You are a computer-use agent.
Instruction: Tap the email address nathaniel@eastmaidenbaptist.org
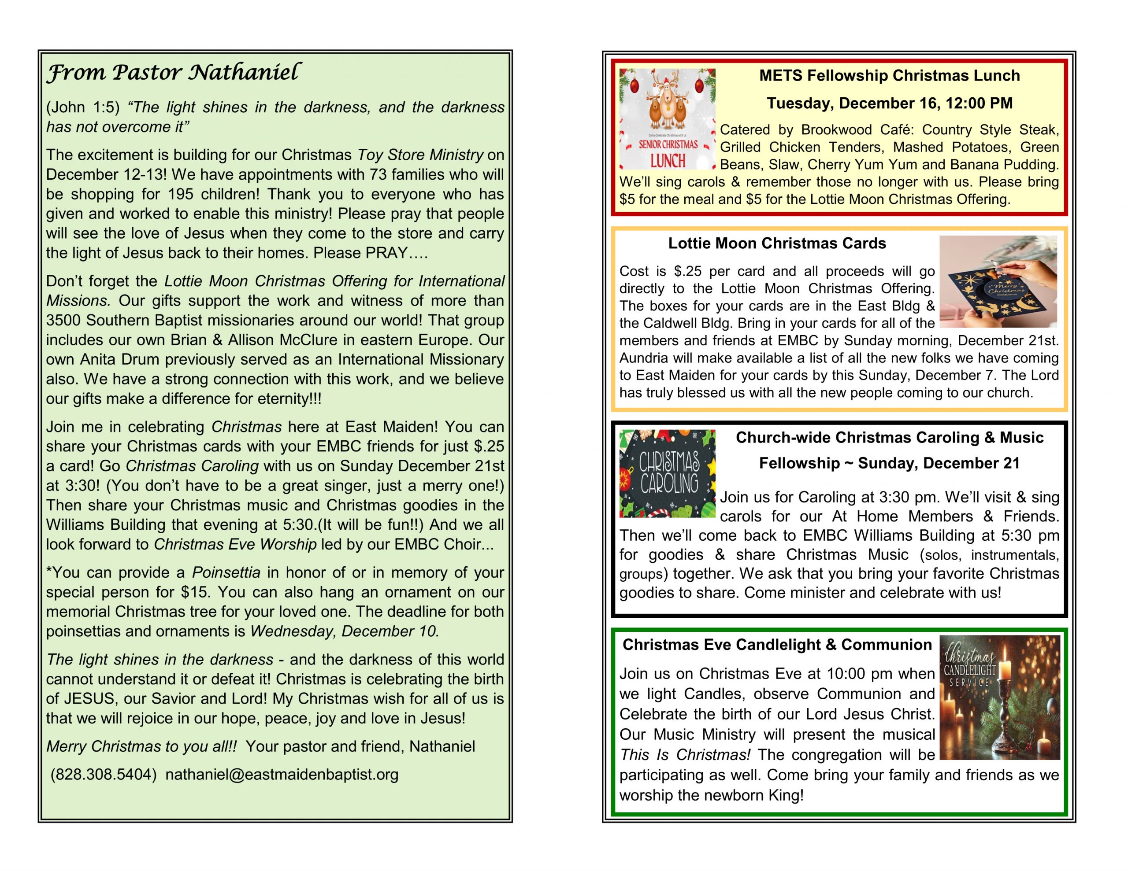click(x=282, y=775)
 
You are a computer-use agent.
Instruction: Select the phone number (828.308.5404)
click(x=103, y=775)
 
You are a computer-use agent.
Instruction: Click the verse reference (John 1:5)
click(x=83, y=107)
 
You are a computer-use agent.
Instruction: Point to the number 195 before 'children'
click(x=181, y=194)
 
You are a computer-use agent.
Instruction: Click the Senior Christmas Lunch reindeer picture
click(x=667, y=119)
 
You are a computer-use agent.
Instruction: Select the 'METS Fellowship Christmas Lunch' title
click(x=889, y=76)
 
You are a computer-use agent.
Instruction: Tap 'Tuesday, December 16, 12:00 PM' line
click(x=889, y=103)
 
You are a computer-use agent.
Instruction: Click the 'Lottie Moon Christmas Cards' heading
click(x=777, y=243)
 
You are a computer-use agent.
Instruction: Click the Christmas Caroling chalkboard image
click(x=667, y=473)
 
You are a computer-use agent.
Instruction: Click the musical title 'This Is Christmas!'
click(x=685, y=755)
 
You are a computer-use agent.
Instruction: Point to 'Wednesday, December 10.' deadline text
click(x=345, y=631)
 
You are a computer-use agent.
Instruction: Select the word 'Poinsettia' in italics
click(x=226, y=572)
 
